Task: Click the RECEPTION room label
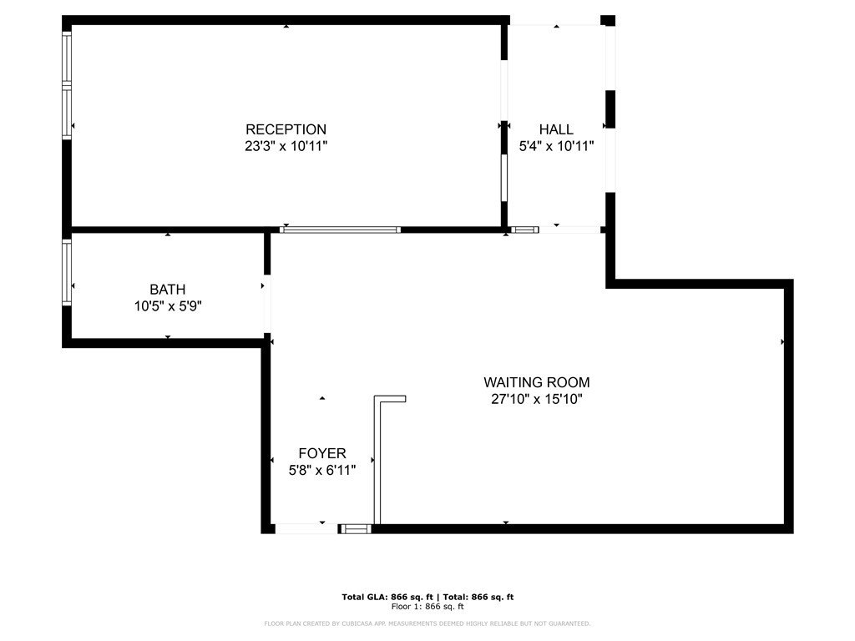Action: point(286,129)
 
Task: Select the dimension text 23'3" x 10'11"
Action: point(286,146)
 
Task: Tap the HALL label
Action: point(556,129)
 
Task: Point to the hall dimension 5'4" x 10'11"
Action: point(556,146)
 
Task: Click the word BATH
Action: point(167,290)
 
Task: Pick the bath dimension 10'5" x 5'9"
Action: point(168,306)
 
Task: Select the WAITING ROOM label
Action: point(537,382)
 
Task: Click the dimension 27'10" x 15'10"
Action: point(537,399)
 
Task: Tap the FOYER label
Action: point(322,453)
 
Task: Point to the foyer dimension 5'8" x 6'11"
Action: point(322,470)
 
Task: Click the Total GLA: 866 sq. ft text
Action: point(387,597)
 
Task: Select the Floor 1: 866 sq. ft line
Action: point(427,606)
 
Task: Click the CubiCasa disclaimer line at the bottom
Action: point(427,623)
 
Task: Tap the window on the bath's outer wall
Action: point(67,273)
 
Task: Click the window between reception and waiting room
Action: point(341,230)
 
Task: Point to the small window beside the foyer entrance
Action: point(356,528)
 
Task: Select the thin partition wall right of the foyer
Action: point(377,461)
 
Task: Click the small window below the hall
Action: point(525,230)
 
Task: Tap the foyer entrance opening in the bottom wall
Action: point(306,528)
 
